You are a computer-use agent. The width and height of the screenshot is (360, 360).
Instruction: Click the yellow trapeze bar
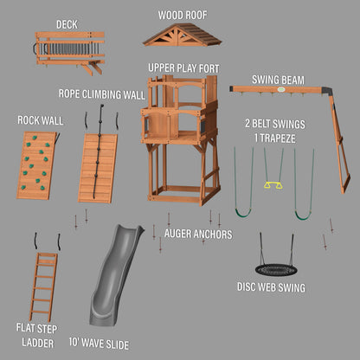[x=273, y=185]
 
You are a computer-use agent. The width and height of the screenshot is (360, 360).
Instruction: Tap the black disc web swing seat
[x=272, y=270]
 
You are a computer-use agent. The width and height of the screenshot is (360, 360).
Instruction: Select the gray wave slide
[x=115, y=274]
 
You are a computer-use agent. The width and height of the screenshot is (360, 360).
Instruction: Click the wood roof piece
[x=182, y=35]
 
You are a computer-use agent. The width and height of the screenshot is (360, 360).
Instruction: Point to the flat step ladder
[x=43, y=287]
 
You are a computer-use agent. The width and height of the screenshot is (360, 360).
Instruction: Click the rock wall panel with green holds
[x=36, y=165]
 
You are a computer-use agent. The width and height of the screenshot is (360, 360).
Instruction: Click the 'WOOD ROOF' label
[x=183, y=15]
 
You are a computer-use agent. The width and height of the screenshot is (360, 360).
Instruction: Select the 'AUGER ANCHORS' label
[x=198, y=235]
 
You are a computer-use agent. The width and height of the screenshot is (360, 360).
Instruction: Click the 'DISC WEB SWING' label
[x=271, y=287]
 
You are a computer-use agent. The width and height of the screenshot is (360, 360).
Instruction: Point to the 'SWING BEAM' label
[x=278, y=80]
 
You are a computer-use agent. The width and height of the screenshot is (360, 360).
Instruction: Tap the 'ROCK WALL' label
[x=41, y=120]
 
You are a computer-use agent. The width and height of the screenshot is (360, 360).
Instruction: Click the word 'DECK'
[x=67, y=24]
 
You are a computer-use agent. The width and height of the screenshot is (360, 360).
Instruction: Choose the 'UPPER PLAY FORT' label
[x=183, y=68]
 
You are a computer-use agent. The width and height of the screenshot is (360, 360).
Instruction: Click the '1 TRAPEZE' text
[x=275, y=138]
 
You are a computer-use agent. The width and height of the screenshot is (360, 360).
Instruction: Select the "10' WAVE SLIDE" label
[x=99, y=344]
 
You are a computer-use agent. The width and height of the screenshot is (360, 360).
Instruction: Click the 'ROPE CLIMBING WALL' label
[x=102, y=94]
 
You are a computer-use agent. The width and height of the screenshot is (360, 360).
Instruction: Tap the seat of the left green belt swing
[x=243, y=214]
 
